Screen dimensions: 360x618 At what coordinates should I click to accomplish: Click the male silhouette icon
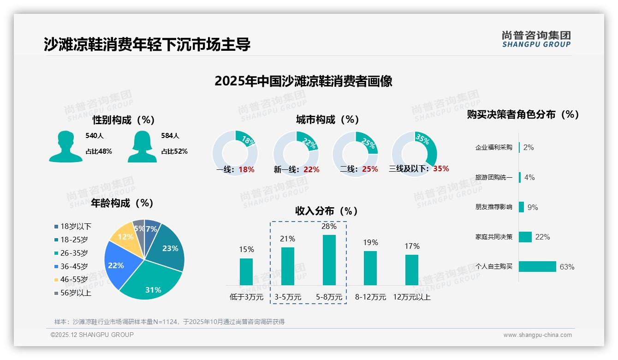click(x=65, y=146)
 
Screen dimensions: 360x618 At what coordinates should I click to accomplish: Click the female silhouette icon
click(x=142, y=146)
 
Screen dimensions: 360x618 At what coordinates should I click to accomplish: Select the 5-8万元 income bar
click(x=329, y=260)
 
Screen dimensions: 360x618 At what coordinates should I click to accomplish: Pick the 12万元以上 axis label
click(x=411, y=297)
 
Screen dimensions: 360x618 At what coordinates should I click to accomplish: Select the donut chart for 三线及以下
click(x=414, y=153)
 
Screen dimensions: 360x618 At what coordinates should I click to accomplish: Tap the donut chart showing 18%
click(x=235, y=153)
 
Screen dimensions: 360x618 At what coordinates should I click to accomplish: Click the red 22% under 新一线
click(x=311, y=170)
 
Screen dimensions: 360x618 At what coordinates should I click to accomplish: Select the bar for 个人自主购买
click(x=537, y=267)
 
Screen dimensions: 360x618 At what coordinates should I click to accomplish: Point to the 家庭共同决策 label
click(x=493, y=237)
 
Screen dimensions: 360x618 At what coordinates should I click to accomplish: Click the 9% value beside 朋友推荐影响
click(x=533, y=207)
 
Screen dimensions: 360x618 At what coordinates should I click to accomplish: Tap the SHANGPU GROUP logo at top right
click(x=536, y=39)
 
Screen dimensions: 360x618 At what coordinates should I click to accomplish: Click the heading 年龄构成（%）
click(x=122, y=203)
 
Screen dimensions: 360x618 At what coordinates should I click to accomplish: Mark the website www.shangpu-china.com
click(x=537, y=335)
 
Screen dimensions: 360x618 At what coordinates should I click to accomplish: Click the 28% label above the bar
click(x=329, y=227)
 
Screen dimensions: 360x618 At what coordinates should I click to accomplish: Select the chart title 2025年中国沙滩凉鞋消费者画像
click(x=303, y=82)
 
